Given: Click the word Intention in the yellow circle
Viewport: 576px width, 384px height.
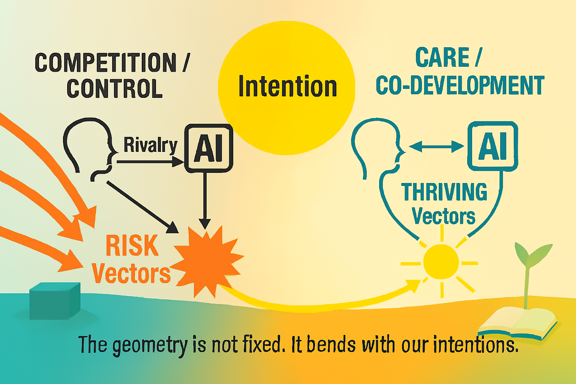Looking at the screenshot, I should (287, 87).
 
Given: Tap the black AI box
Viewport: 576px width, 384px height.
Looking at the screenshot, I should (209, 148).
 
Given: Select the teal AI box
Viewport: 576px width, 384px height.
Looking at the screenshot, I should (492, 146).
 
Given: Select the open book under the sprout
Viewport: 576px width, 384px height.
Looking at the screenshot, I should (517, 322).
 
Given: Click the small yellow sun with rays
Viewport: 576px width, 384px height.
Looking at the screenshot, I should (441, 262).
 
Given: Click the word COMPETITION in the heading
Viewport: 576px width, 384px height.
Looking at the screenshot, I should (105, 63).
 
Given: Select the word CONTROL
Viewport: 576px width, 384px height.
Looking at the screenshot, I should (115, 88).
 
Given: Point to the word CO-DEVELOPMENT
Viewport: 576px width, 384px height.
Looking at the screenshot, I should (460, 85).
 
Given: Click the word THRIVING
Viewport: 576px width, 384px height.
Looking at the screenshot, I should (444, 192).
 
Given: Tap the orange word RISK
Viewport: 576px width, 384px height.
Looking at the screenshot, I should (132, 246).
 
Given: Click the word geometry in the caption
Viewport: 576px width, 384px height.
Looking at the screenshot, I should (150, 345).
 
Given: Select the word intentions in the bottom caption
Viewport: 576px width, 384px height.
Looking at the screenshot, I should (475, 345).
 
